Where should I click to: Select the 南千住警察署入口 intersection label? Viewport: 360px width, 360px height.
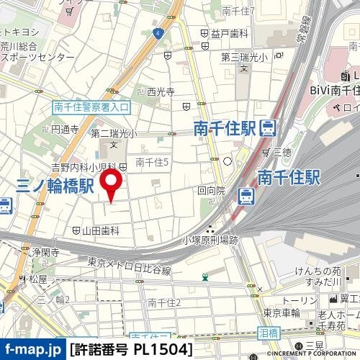[91, 107]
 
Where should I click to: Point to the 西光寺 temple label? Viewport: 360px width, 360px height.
[161, 92]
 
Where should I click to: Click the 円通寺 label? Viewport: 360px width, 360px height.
[65, 130]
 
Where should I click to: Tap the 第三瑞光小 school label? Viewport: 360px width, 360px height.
[243, 57]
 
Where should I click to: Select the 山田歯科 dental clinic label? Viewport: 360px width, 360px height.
[99, 230]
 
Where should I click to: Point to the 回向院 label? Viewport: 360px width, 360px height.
[211, 191]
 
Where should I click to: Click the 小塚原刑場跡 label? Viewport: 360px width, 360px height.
[210, 240]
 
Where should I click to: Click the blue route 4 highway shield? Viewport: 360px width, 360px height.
[156, 32]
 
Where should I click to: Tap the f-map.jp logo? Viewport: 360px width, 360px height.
[32, 350]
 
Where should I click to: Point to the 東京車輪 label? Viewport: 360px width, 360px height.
[281, 312]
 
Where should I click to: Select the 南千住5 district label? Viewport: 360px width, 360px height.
[152, 163]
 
